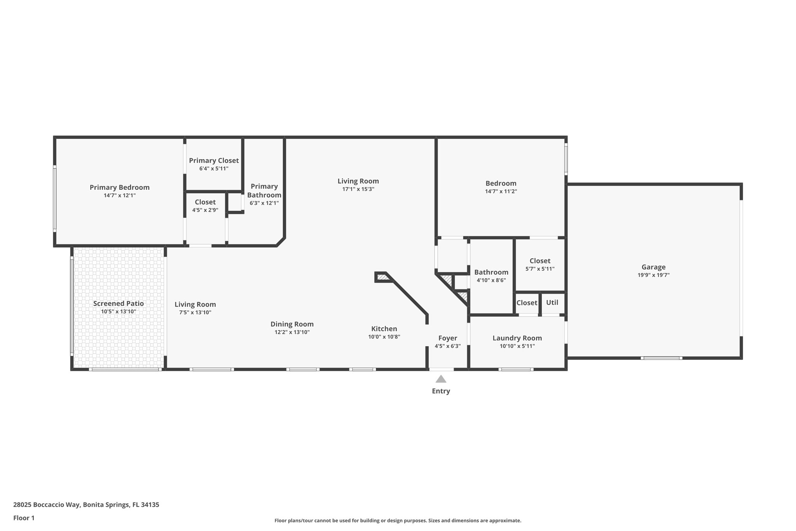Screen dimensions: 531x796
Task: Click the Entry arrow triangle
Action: (441, 379)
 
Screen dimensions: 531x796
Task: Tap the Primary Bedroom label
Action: (119, 188)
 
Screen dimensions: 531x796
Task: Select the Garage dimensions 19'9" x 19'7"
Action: (653, 275)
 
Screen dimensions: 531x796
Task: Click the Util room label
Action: (552, 303)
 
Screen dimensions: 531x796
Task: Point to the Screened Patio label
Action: (118, 303)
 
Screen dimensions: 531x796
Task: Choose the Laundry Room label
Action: (517, 338)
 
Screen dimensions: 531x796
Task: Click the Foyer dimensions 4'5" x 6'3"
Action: (447, 346)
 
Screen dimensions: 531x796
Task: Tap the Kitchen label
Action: (384, 329)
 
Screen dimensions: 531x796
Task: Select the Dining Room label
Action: (292, 324)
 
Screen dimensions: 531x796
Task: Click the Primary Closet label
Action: (214, 161)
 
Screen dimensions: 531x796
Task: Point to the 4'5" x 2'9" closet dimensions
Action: (205, 210)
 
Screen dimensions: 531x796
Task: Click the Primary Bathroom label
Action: (264, 191)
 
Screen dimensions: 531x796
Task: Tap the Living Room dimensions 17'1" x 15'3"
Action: (358, 189)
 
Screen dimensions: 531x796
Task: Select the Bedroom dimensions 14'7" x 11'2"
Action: (501, 191)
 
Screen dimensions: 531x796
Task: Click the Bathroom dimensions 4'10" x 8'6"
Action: (491, 280)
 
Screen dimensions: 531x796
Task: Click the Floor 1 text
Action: (24, 518)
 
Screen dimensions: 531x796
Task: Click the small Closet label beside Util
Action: (527, 303)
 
